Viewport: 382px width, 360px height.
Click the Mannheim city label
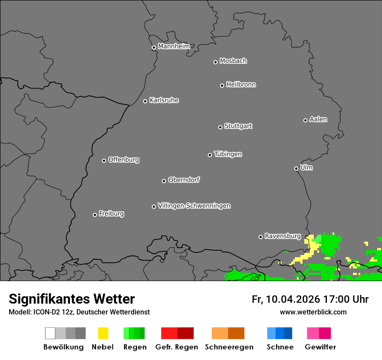pos(174,46)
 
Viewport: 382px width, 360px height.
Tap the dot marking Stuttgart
pos(220,127)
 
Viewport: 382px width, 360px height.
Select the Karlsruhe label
pos(164,100)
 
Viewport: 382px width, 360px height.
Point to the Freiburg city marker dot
pos(95,215)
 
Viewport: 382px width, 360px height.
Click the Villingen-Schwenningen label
pos(194,206)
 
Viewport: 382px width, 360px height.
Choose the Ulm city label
pos(306,167)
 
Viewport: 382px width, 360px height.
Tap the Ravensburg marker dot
pos(260,237)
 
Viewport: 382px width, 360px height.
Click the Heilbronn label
pos(241,85)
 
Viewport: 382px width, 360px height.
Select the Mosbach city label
pos(233,61)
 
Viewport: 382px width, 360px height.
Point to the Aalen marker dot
pos(305,120)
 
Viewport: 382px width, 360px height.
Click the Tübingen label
pos(228,154)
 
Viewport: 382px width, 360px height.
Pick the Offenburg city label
pos(124,160)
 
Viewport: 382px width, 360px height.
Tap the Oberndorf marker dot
pos(164,181)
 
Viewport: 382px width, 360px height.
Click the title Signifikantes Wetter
pos(72,299)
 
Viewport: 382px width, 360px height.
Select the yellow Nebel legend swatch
pos(103,333)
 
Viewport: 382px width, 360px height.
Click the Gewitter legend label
pos(320,347)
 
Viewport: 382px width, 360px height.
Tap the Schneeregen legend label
pos(229,347)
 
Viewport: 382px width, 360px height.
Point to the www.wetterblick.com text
pos(313,312)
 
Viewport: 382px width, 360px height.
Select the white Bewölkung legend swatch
pos(50,333)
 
